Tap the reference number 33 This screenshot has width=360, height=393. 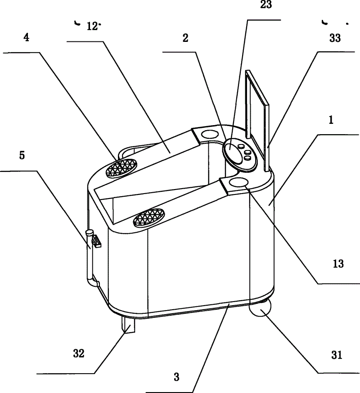pos(335,39)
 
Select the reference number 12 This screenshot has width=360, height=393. pos(92,26)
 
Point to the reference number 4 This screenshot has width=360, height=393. pos(27,38)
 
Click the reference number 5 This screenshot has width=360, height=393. pos(22,156)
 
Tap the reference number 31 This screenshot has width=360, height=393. pos(337,355)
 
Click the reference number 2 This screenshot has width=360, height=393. pos(185,38)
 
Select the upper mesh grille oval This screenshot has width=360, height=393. pos(121,167)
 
